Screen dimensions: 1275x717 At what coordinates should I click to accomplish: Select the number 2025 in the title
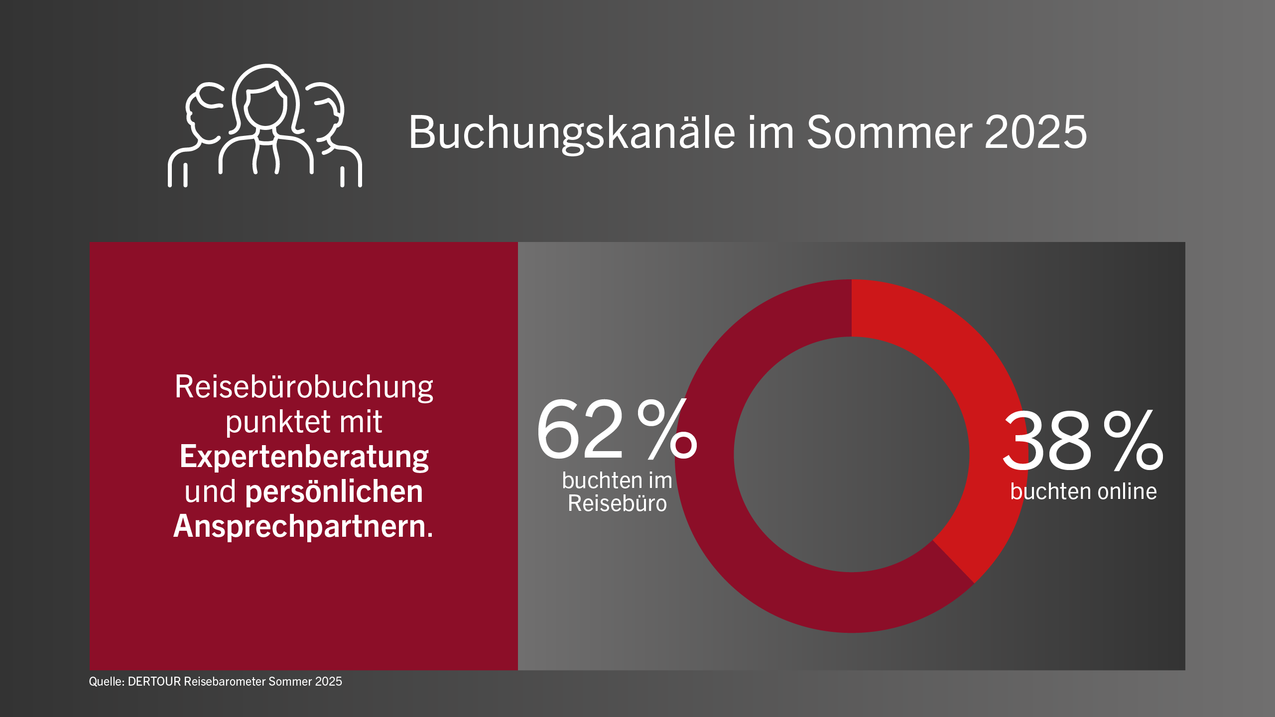(1036, 132)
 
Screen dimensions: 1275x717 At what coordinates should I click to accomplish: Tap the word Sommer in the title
(890, 132)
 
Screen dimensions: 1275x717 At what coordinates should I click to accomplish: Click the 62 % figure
(617, 429)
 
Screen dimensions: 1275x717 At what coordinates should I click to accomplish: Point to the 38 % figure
(1083, 440)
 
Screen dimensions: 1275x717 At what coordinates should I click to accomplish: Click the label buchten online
(1083, 491)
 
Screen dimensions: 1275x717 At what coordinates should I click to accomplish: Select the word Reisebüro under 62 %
(617, 503)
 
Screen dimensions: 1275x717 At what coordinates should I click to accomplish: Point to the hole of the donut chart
(852, 455)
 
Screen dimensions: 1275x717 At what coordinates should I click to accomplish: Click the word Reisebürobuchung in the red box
(304, 387)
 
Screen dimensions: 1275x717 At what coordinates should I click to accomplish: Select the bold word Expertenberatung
(304, 457)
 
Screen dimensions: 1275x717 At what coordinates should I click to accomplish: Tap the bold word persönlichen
(334, 492)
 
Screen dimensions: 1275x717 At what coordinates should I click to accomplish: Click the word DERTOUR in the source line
(154, 682)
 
